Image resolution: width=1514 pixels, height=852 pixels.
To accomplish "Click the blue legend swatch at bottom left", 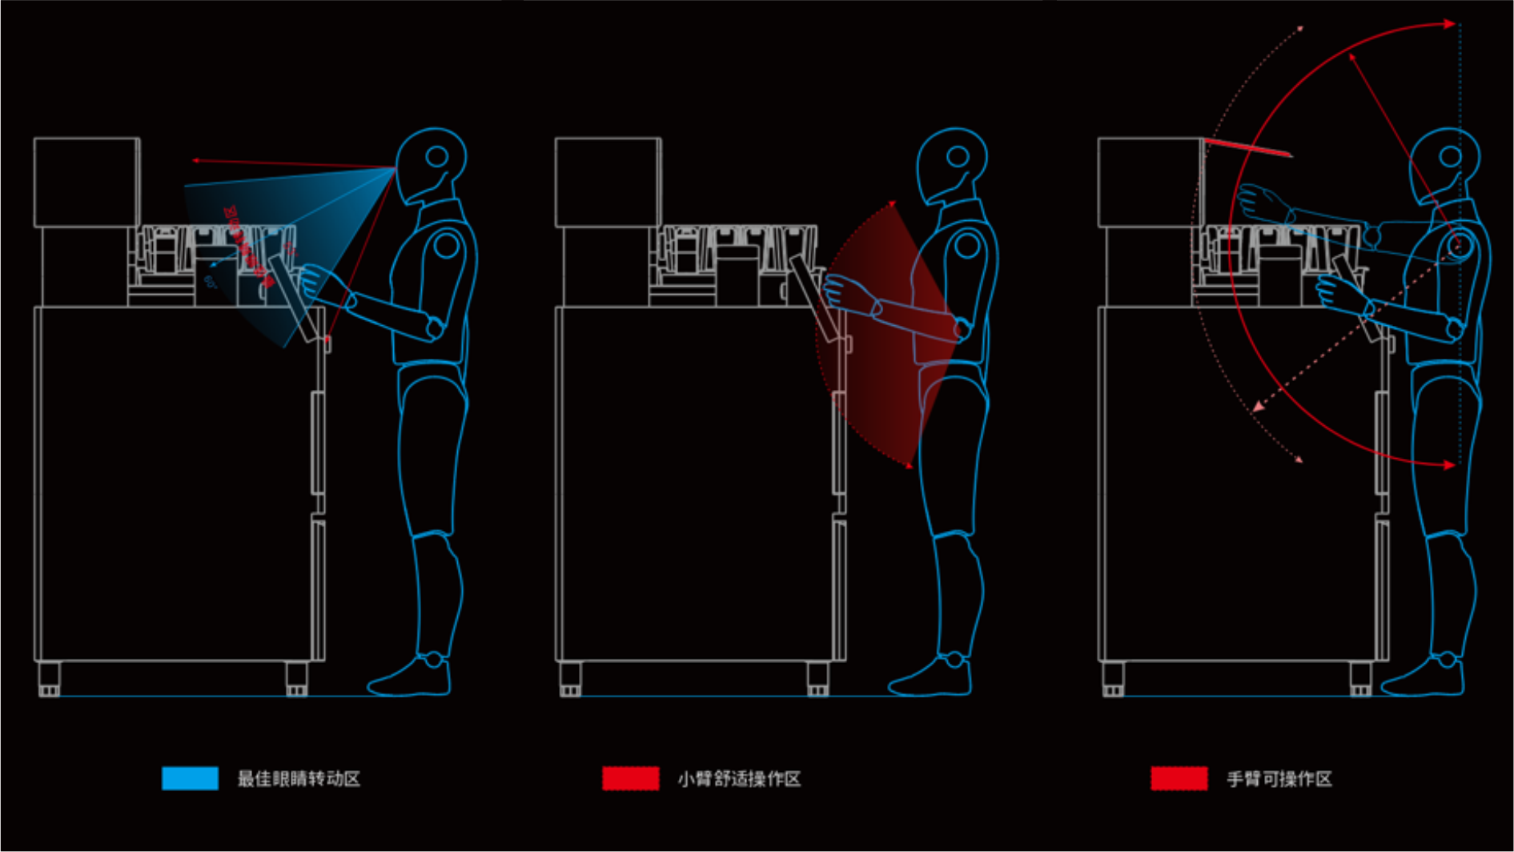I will point(190,778).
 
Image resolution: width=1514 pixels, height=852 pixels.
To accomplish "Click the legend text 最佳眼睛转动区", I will point(299,779).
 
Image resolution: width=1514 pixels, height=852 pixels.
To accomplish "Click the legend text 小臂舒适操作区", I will point(739,779).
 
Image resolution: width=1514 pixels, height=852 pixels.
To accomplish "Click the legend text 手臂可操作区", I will point(1279,779).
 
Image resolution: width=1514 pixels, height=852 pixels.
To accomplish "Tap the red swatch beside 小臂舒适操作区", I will point(631,778).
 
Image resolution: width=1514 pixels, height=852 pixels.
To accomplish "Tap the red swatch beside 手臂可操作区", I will point(1179,778).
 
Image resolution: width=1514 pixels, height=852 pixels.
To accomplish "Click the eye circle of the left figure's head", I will point(437,156).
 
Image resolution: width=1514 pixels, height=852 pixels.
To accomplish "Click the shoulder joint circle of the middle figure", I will point(967,245).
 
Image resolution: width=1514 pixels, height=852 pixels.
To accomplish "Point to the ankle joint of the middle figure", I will point(954,660).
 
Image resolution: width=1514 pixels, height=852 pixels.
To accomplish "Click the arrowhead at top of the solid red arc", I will point(1449,24).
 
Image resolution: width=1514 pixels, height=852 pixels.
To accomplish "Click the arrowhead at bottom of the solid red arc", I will point(1449,464).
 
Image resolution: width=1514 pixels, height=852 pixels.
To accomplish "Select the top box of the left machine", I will point(86,182).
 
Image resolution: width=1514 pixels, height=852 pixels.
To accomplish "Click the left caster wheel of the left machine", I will point(49,679).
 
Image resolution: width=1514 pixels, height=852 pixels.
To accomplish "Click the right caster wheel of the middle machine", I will point(817,679).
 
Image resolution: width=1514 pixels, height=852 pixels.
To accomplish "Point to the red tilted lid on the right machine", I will point(1247,146).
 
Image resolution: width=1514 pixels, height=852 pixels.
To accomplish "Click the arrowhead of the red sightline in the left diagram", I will point(195,161).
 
